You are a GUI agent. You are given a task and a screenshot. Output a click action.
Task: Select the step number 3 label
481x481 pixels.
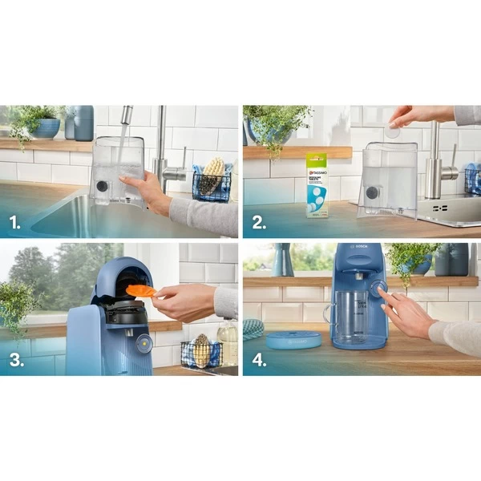tap(14, 359)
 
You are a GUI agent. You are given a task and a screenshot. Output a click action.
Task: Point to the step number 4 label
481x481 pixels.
tap(259, 359)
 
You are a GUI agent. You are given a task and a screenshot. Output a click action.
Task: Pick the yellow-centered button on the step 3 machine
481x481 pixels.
tap(143, 343)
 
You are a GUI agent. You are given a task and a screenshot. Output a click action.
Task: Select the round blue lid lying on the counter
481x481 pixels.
tap(293, 339)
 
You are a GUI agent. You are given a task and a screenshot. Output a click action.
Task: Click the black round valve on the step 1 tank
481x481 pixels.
tap(102, 186)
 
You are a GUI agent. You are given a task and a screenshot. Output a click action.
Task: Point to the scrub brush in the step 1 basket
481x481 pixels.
tap(212, 175)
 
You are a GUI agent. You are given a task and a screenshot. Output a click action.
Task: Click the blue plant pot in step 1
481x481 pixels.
tap(46, 127)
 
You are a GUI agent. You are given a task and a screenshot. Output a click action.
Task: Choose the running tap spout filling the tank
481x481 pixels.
tap(126, 116)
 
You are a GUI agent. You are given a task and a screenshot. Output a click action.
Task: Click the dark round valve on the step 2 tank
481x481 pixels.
tap(372, 192)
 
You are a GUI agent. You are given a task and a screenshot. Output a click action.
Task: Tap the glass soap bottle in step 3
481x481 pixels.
tap(228, 342)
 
